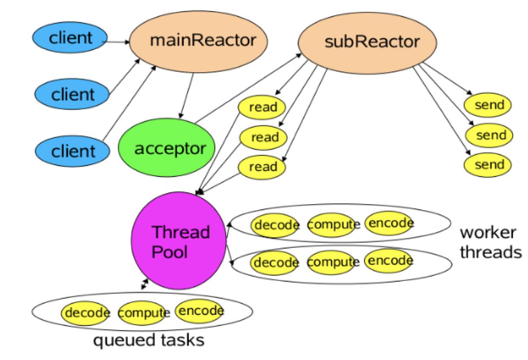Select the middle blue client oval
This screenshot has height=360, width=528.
72,93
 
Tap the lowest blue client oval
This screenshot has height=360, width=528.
72,151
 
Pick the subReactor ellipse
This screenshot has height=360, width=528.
367,42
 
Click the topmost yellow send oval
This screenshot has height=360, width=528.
487,105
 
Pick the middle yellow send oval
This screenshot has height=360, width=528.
489,135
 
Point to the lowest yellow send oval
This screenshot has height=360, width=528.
487,164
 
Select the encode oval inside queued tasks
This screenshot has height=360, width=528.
200,311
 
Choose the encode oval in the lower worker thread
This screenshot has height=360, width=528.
389,260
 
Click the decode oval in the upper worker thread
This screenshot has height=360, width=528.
275,225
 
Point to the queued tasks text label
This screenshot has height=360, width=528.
149,341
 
